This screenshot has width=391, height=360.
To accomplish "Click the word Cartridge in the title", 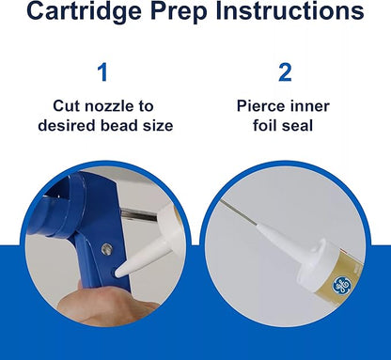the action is click(84, 11).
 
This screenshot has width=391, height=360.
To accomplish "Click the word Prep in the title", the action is click(180, 11).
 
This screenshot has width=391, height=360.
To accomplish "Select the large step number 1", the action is click(102, 72).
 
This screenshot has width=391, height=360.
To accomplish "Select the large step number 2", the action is click(285, 72).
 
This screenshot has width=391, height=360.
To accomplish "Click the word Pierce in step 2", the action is click(260, 106).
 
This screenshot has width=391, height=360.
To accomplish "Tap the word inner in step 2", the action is click(309, 106).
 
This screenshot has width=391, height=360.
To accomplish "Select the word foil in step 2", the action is click(264, 125).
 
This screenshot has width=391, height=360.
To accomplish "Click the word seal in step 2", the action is click(298, 125).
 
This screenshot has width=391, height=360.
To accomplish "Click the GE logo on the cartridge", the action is click(341, 286).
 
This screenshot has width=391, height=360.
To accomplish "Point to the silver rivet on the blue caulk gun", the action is click(106, 249).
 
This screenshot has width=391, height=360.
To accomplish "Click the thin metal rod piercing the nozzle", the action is click(238, 212).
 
